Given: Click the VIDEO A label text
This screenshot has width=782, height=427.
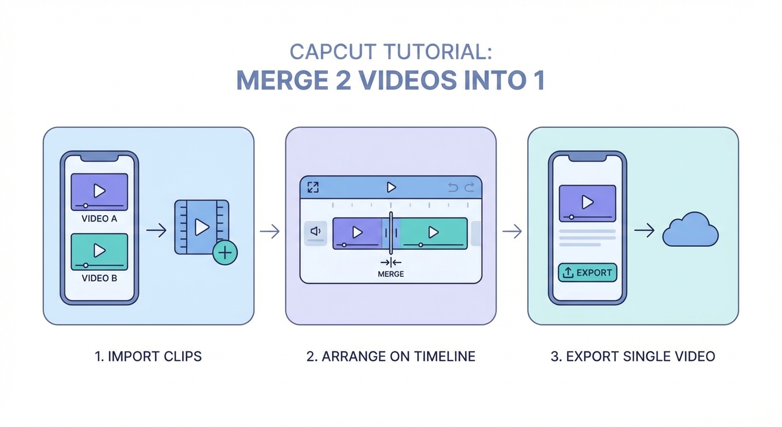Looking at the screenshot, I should [x=99, y=219].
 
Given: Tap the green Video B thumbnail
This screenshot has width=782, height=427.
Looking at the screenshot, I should [x=99, y=251].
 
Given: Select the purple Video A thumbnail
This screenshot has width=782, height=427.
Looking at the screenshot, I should [x=99, y=191].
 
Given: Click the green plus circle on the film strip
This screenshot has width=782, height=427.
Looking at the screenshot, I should [x=225, y=253].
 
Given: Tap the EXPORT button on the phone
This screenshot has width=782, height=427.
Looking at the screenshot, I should [x=587, y=272].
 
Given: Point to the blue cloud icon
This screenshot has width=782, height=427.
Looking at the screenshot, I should [x=690, y=230].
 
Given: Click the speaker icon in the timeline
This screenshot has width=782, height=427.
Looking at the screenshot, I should [x=315, y=231].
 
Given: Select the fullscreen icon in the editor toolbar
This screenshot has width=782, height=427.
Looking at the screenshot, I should [x=313, y=188].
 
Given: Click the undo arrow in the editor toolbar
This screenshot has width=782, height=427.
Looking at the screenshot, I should [x=453, y=188].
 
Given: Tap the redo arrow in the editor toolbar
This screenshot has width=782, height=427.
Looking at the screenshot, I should [x=469, y=188].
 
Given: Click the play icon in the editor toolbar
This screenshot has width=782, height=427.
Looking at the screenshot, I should [x=391, y=188].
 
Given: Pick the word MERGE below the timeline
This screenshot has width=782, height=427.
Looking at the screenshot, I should [x=390, y=274].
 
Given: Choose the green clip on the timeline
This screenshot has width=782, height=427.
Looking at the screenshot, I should [x=433, y=232].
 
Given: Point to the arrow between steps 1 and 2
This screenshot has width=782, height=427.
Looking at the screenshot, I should [x=269, y=231].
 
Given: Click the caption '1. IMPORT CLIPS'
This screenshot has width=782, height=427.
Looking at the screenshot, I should [x=148, y=356].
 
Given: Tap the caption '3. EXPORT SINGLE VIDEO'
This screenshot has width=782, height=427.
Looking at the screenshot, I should [x=633, y=356].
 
